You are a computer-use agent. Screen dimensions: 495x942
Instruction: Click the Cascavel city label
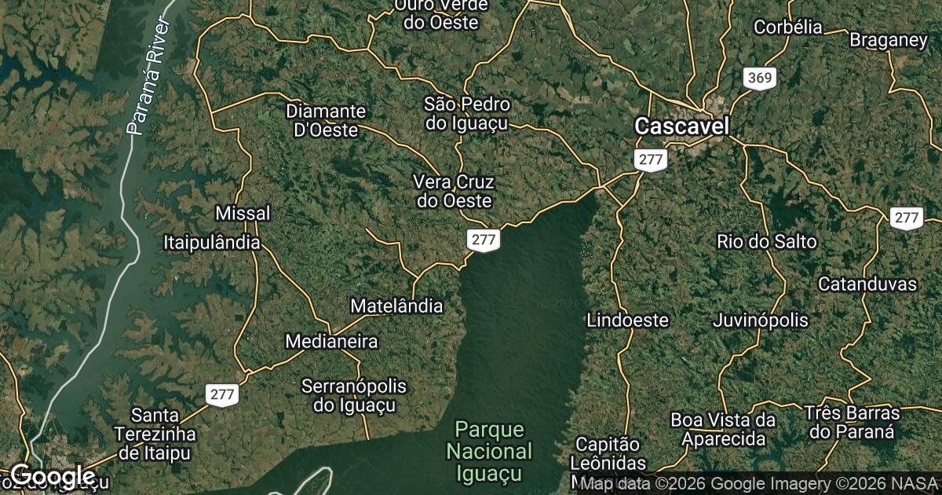pyautogui.click(x=681, y=126)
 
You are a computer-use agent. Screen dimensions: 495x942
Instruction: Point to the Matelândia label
pyautogui.click(x=396, y=306)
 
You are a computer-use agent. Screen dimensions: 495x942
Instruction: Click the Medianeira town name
pyautogui.click(x=331, y=342)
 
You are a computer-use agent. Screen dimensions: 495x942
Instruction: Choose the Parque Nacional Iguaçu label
pyautogui.click(x=489, y=452)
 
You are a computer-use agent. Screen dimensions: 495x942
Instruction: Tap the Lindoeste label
pyautogui.click(x=627, y=320)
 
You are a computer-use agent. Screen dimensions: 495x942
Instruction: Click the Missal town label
pyautogui.click(x=243, y=213)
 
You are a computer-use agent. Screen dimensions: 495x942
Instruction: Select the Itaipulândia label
pyautogui.click(x=212, y=242)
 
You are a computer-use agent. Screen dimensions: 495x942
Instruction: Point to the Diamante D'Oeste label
pyautogui.click(x=325, y=120)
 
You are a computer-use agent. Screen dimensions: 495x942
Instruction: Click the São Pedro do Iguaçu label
pyautogui.click(x=466, y=113)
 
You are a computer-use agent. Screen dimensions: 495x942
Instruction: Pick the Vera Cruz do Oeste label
pyautogui.click(x=454, y=192)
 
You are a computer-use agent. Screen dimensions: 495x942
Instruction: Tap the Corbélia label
pyautogui.click(x=787, y=27)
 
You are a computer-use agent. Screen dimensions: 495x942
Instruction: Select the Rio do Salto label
pyautogui.click(x=767, y=241)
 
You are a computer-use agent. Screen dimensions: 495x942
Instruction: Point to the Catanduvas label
pyautogui.click(x=867, y=284)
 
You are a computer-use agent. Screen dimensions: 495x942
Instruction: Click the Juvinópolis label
pyautogui.click(x=760, y=320)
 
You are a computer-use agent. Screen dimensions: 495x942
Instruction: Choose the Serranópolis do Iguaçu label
pyautogui.click(x=354, y=396)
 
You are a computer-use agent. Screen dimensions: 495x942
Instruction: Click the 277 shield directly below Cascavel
pyautogui.click(x=651, y=160)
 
